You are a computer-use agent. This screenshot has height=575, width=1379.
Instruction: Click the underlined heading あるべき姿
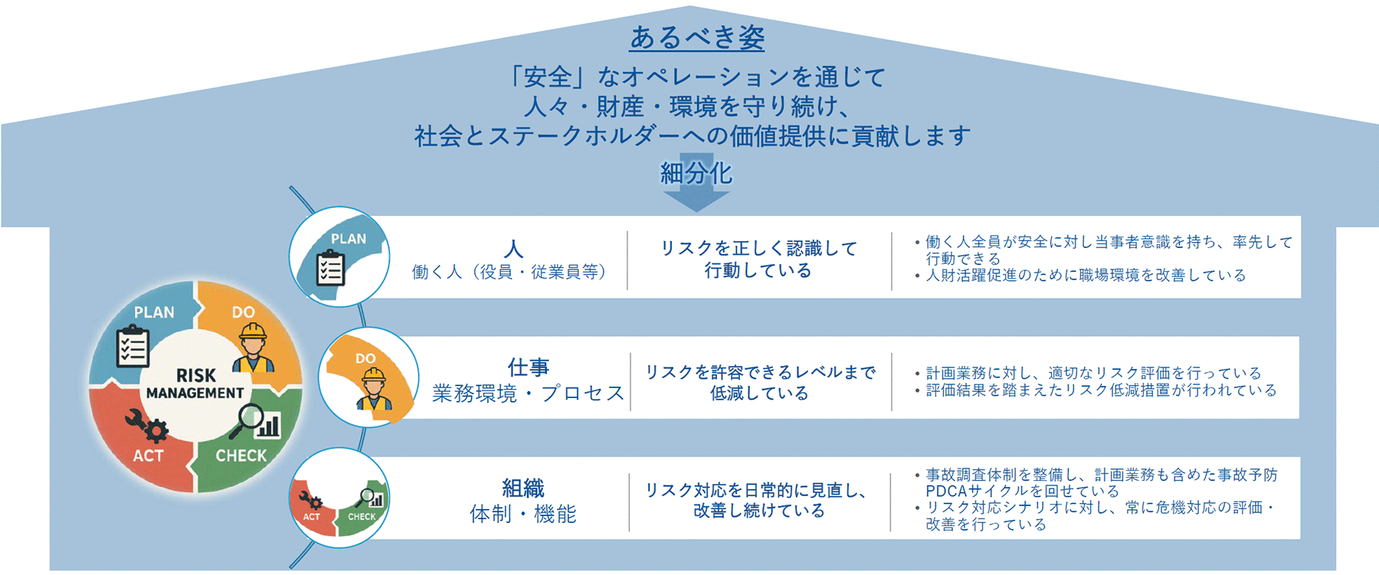(x=696, y=37)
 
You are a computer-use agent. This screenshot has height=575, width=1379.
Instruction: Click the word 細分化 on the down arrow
(x=696, y=174)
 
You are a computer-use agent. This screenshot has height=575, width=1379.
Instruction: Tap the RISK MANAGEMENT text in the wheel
(x=195, y=384)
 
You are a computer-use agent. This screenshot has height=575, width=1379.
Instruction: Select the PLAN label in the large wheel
(x=154, y=312)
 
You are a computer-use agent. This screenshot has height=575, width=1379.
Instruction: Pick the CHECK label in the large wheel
(x=241, y=456)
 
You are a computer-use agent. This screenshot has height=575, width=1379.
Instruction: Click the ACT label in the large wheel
(x=148, y=456)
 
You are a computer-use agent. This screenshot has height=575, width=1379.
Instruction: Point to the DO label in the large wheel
(x=243, y=312)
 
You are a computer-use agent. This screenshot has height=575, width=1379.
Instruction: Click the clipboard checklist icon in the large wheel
(x=133, y=348)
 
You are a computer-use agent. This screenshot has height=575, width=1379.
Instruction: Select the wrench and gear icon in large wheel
(x=146, y=426)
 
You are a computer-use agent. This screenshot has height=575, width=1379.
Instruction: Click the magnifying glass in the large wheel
(x=251, y=418)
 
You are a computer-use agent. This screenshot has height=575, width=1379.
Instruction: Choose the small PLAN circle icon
(x=339, y=256)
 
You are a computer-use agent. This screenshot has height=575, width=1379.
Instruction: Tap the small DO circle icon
(x=368, y=377)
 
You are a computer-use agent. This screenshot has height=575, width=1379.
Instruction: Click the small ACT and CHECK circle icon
(x=339, y=498)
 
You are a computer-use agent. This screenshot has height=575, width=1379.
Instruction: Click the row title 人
(x=513, y=249)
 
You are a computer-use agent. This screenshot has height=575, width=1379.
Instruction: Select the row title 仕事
(x=529, y=368)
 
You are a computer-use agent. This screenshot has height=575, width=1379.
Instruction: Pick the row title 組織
(x=523, y=488)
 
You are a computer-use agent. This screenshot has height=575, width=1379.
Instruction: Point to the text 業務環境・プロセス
(x=529, y=394)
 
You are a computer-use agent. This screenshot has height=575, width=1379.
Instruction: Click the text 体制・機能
(x=523, y=514)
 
